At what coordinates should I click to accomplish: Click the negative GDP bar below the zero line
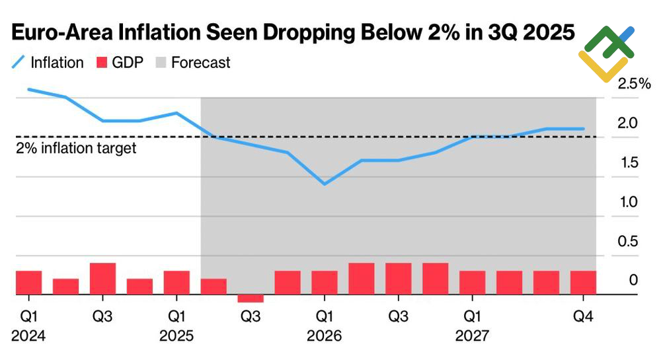point(251,298)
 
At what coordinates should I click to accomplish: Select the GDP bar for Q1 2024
point(28,283)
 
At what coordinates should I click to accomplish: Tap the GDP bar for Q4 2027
point(583,283)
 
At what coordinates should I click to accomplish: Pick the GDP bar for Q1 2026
point(325,283)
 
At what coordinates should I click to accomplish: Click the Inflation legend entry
point(48,63)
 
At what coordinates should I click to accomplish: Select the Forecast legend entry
point(192,63)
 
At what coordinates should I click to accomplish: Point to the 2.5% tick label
point(633,84)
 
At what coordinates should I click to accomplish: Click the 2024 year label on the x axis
point(28,336)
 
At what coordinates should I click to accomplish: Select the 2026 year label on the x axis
point(325,336)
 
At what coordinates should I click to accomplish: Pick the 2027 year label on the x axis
point(473,336)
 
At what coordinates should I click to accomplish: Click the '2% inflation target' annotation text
point(76,148)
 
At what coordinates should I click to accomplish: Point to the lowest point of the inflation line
point(325,184)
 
